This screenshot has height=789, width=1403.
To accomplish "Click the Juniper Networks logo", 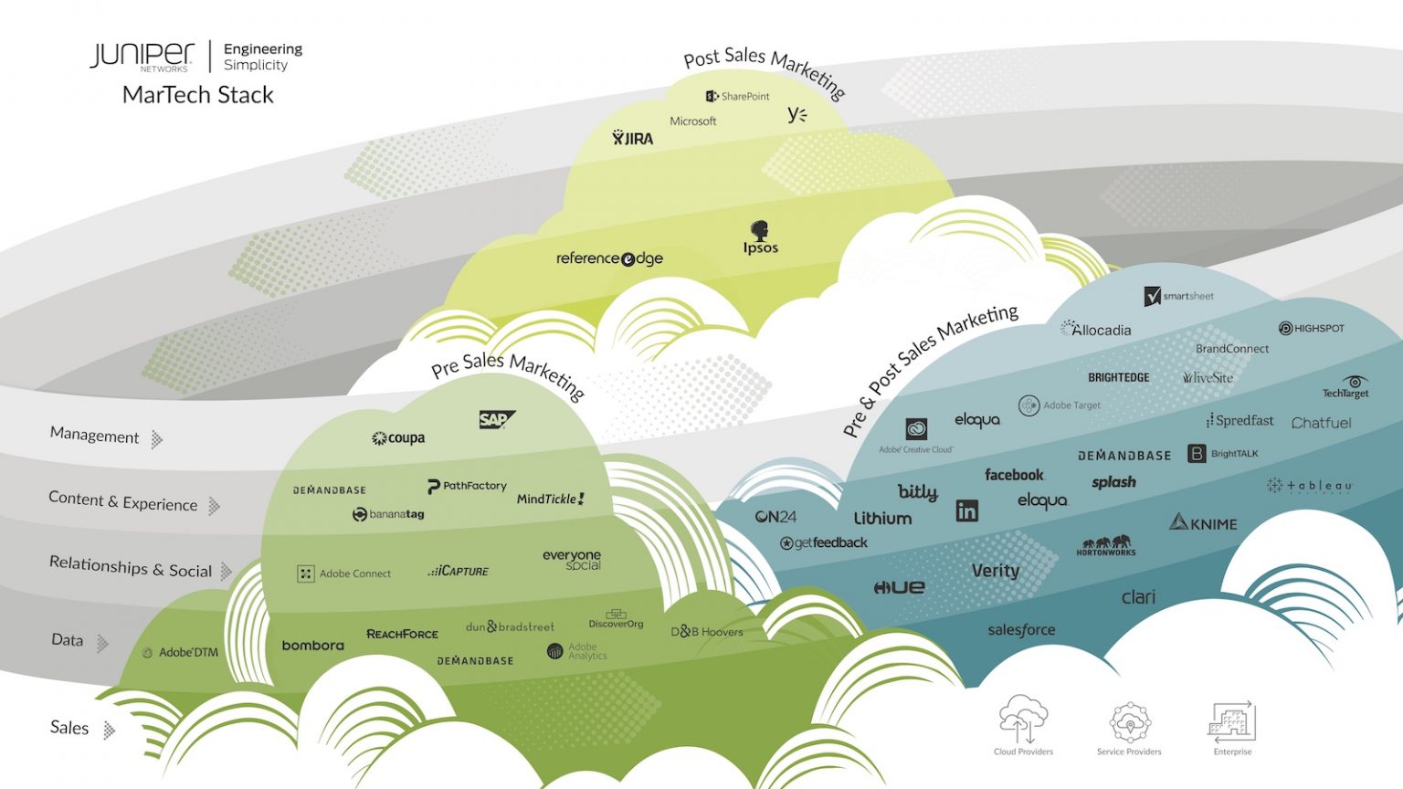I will pos(142,56).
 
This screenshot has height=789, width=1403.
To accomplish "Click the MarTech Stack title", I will pos(198,95).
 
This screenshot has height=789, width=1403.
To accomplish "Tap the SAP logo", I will pos(496,419).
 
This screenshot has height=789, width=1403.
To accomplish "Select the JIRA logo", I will pos(633,138).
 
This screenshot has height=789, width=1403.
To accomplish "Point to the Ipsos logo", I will pos(760,237).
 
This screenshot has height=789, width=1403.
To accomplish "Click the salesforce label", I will pos(1021,630).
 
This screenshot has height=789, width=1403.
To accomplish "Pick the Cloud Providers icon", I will pos(1023,720).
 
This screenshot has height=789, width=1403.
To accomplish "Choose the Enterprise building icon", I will pos(1232,721).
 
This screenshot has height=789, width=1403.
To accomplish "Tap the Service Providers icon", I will pos(1130,721).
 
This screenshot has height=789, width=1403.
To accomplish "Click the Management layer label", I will pos(95,436).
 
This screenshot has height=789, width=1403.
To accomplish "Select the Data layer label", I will pos(68,640).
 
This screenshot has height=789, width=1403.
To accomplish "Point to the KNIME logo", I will pos(1204,523).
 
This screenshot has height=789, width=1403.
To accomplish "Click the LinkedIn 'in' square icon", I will pos(966,510).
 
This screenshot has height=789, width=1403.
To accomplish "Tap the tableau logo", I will pos(1310,486).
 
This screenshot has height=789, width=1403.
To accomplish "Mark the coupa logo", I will pos(398,438).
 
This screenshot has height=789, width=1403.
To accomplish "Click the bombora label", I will pos(313,646).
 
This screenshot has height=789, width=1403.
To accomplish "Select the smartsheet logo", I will pos(1179,296).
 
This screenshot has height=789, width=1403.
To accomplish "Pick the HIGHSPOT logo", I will pos(1312,328).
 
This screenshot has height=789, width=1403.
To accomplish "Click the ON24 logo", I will pos(775,517).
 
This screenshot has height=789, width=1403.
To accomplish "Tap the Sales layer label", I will pos(69,728).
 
